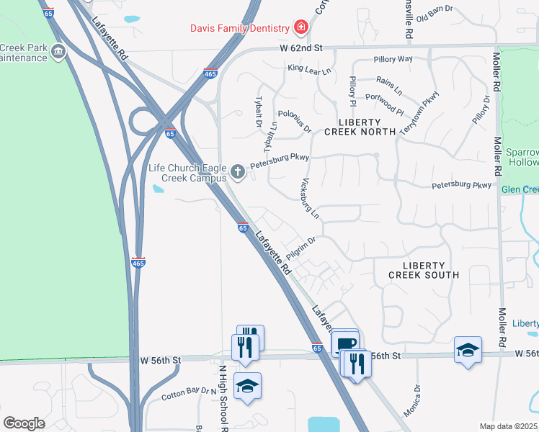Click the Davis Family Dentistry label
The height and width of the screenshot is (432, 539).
(x=239, y=28)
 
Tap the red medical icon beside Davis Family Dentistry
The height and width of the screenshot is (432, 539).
(x=300, y=28)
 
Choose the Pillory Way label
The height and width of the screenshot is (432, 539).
(x=393, y=59)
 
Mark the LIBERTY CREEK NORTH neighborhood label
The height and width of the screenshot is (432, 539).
(x=360, y=126)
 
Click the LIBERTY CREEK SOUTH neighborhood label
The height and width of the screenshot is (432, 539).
(x=424, y=270)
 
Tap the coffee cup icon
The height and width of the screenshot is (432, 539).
(x=347, y=343)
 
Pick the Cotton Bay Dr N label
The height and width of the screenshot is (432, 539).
(x=188, y=395)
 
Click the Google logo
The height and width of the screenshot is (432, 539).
(x=24, y=423)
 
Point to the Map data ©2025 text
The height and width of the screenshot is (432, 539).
(x=508, y=426)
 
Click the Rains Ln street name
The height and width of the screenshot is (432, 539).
(x=388, y=86)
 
